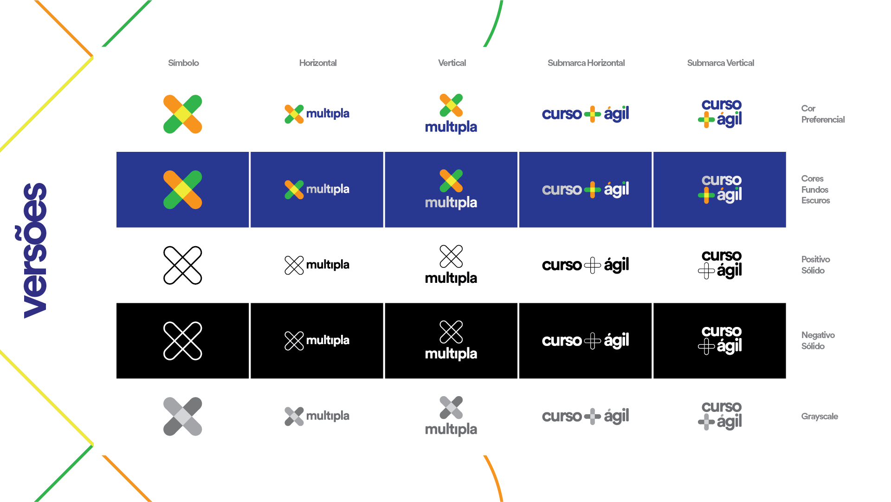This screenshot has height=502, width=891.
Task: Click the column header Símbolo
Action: [x=183, y=63]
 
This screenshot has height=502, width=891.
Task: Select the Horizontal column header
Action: [x=318, y=63]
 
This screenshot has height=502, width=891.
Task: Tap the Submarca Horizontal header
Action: [x=586, y=63]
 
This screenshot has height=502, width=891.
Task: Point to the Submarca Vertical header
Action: [x=721, y=63]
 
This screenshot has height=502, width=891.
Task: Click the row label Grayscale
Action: [x=820, y=416]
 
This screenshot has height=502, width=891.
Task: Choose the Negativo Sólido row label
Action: [x=818, y=340]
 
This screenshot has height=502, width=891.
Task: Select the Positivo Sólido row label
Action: [x=815, y=265]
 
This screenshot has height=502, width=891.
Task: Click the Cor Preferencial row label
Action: [x=822, y=114]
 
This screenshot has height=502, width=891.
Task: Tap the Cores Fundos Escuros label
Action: [x=815, y=189]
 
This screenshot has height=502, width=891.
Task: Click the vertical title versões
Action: [x=35, y=251]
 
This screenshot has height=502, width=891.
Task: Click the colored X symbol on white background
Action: [x=183, y=114]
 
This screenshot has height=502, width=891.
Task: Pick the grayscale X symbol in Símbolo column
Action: [x=183, y=417]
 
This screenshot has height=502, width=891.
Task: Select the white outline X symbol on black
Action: [x=183, y=341]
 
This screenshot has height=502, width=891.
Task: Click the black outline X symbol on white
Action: [x=183, y=265]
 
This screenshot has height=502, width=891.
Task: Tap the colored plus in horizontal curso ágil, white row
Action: [x=592, y=114]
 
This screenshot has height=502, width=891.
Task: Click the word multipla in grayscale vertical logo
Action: [x=451, y=429]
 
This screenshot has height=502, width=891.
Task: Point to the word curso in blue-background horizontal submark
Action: [x=562, y=189]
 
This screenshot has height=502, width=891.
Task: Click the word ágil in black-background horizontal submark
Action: [x=616, y=341]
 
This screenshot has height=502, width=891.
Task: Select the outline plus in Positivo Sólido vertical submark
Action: [x=706, y=270]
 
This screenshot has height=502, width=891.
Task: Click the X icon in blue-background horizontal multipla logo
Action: [x=294, y=189]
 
